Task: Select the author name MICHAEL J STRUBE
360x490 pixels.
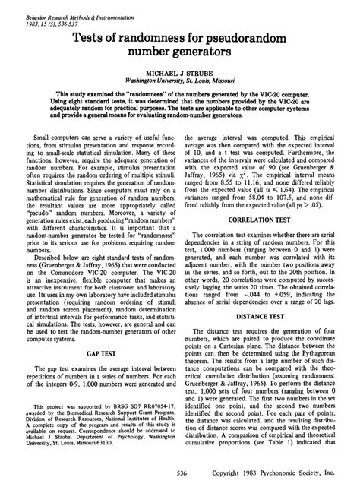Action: click(179, 68)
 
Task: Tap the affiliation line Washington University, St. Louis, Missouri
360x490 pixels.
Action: click(179, 77)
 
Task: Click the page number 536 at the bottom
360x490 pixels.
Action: click(180, 473)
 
